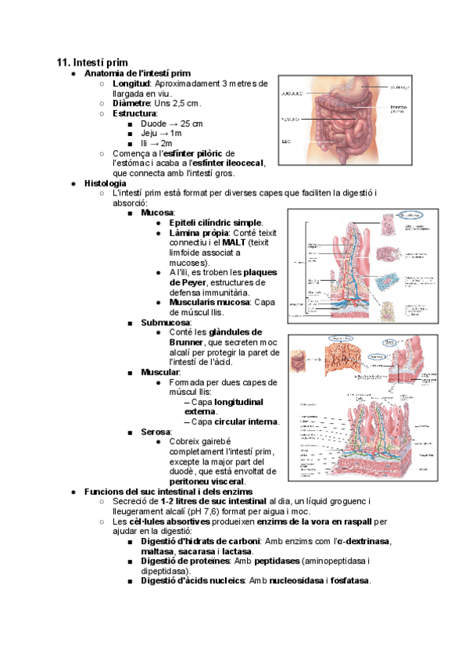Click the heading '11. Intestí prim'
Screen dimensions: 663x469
pyautogui.click(x=93, y=62)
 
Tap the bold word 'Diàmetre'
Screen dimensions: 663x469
pyautogui.click(x=133, y=103)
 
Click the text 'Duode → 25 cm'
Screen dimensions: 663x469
pyautogui.click(x=172, y=124)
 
